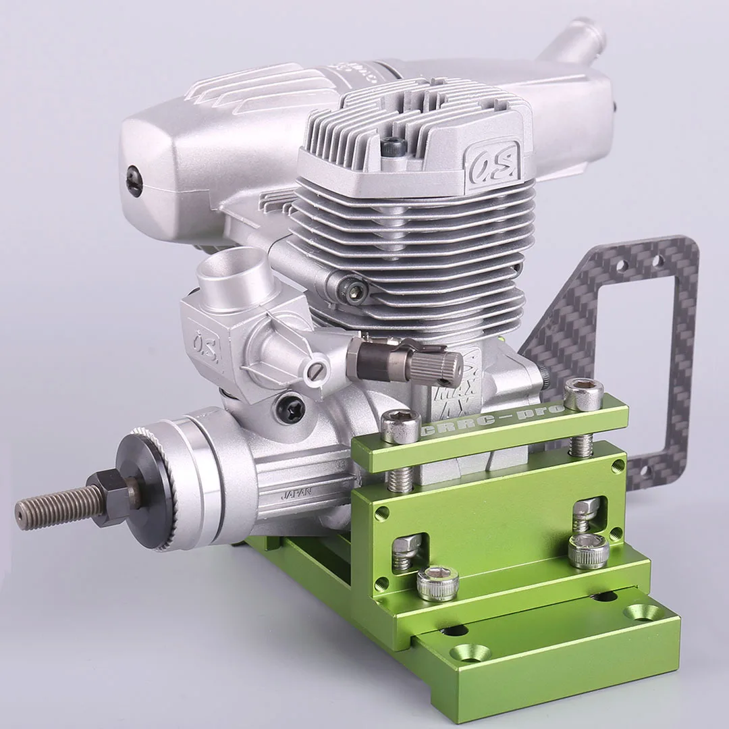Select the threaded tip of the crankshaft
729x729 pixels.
(x=47, y=504)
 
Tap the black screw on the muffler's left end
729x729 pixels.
(x=134, y=183)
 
